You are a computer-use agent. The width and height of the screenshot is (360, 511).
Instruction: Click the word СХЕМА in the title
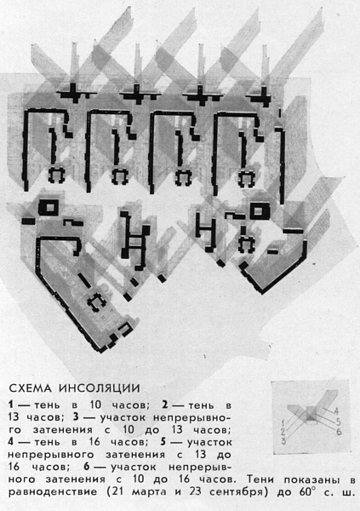tap(30, 388)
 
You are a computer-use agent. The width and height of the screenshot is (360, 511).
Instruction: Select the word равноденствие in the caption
tap(53, 492)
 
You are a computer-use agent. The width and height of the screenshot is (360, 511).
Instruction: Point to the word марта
tap(151, 492)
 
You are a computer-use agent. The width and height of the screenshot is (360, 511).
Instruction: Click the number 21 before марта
tap(118, 491)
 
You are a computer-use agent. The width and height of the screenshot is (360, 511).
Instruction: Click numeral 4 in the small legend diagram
tap(336, 411)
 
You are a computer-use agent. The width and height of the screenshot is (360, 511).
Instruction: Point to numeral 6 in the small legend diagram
tap(340, 432)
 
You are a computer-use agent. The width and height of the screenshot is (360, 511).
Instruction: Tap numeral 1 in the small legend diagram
tap(283, 423)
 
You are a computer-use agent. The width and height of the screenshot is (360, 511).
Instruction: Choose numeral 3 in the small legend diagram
tap(283, 441)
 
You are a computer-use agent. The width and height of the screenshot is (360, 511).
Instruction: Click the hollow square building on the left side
tap(49, 207)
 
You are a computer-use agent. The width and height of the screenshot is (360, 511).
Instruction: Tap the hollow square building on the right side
tap(260, 210)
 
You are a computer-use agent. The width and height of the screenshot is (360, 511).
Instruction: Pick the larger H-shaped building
tap(134, 240)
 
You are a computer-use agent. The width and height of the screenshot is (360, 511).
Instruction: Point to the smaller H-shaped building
tap(207, 232)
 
